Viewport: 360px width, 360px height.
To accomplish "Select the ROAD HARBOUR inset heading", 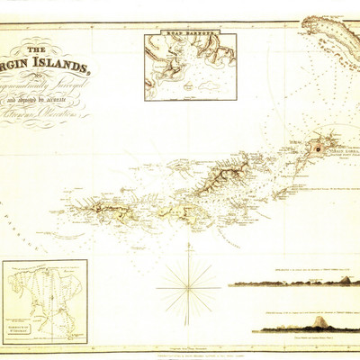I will coord(189,38).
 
